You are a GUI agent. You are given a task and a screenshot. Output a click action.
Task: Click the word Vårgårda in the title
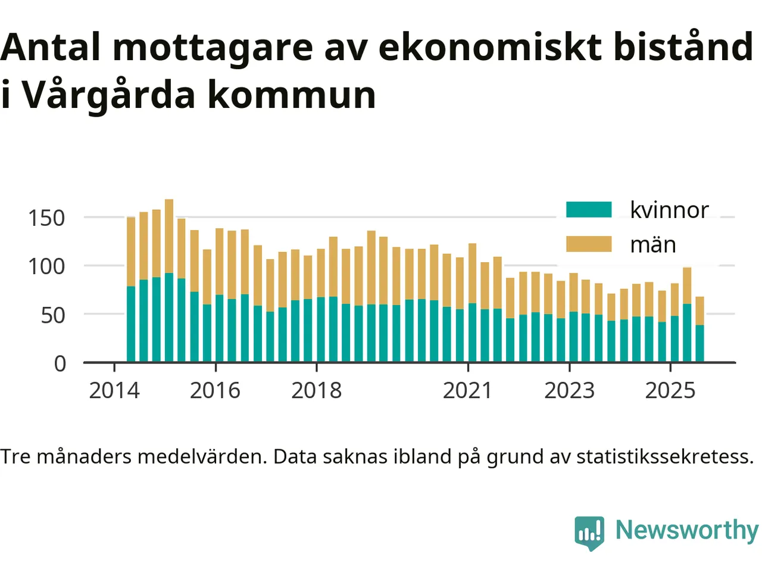point(111,95)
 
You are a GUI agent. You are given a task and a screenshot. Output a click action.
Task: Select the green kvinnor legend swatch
point(588,210)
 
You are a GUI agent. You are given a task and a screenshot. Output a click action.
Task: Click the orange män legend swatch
point(588,244)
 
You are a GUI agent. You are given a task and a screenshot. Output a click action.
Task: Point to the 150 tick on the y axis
point(46,218)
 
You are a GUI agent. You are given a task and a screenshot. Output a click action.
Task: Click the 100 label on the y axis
point(46,266)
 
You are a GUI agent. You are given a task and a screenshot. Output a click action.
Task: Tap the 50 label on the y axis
point(53,315)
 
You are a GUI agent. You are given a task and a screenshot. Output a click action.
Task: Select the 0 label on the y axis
point(60,363)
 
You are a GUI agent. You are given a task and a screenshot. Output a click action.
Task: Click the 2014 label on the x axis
point(114,391)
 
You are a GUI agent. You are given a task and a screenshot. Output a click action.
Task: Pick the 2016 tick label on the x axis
point(215,391)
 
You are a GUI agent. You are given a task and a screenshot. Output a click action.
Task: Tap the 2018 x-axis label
point(316,391)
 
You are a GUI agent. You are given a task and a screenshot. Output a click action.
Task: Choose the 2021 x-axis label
point(468,391)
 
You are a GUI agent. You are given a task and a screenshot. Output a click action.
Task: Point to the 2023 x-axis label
point(569,391)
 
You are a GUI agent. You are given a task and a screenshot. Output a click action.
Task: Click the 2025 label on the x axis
point(670,391)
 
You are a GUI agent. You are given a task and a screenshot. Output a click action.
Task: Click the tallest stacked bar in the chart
point(169,280)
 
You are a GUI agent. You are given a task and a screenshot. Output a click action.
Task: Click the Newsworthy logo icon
point(589,532)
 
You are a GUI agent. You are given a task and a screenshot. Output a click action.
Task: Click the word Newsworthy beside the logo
point(686,530)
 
